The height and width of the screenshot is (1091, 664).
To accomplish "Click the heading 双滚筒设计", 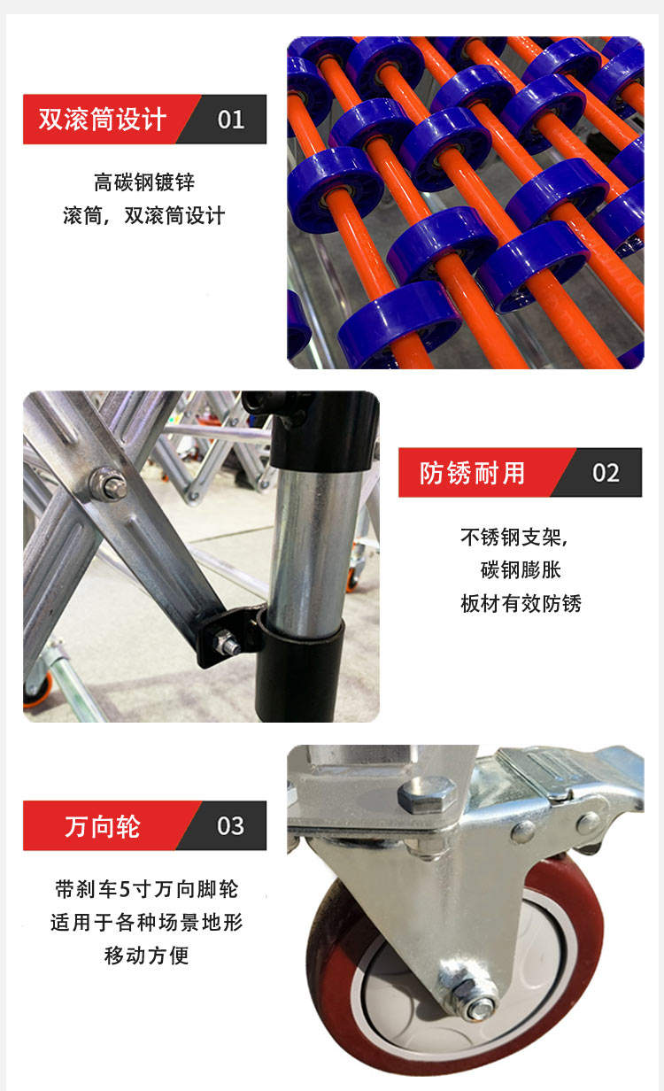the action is tap(102, 120).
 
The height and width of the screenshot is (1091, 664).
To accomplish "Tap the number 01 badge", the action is tap(231, 120).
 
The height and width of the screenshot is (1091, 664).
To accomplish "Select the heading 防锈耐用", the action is tap(472, 473).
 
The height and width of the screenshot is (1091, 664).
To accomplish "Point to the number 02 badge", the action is tap(606, 473).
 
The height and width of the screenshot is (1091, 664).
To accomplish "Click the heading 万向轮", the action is tap(102, 826).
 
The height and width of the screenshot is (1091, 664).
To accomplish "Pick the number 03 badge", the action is tap(230, 826).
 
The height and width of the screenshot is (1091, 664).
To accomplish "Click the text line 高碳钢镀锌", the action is tap(144, 182).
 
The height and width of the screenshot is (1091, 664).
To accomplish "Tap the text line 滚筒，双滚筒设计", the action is tap(144, 216).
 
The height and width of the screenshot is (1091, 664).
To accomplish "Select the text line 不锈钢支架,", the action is tap(514, 538).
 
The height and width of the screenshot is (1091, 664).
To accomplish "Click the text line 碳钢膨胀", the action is tap(521, 570).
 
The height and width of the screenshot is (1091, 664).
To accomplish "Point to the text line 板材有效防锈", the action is tap(521, 603).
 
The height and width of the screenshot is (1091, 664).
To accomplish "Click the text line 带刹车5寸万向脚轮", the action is tap(146, 889).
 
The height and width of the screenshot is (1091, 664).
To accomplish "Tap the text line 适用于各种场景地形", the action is tap(146, 923).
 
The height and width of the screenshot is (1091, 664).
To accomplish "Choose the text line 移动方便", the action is tap(146, 956).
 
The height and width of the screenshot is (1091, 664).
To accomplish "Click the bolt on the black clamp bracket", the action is tap(227, 643).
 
